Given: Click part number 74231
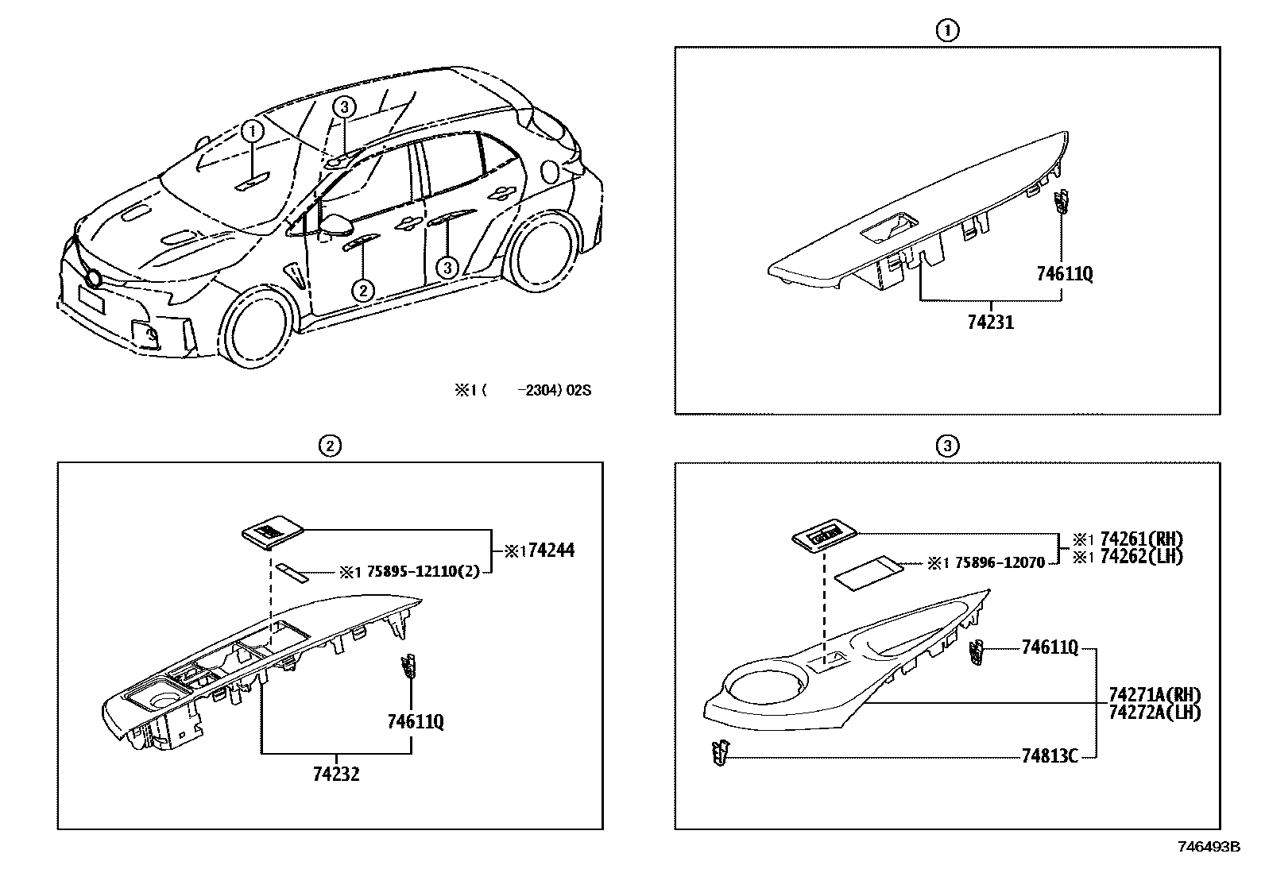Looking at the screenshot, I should (x=990, y=323).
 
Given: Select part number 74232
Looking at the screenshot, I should (x=335, y=773).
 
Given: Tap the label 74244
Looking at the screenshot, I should (x=551, y=550).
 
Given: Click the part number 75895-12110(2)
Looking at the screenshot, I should (x=423, y=571).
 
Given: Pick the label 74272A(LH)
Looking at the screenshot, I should (x=1154, y=713).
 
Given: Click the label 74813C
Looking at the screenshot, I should (x=1049, y=755).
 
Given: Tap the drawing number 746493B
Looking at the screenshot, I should (x=1208, y=847).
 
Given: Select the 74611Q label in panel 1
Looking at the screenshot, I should (x=1064, y=274).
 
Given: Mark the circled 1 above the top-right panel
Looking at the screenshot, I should (x=946, y=30).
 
